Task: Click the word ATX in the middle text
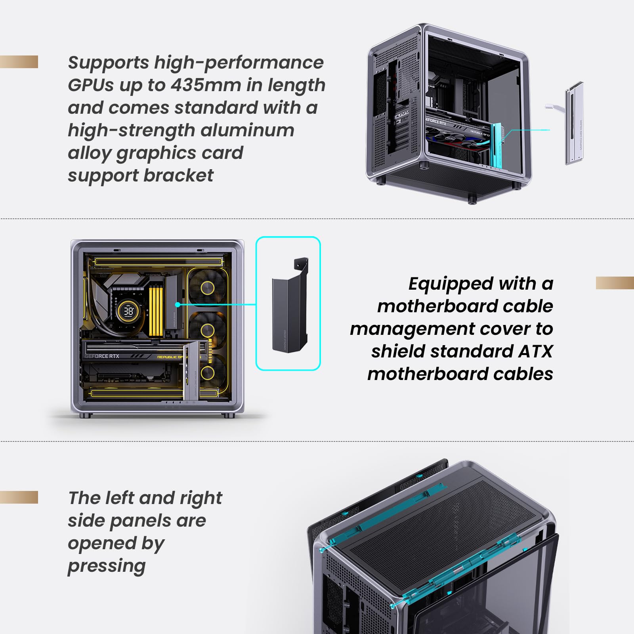[535, 351]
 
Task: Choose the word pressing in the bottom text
[107, 566]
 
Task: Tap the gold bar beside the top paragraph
[19, 62]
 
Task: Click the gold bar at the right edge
[615, 283]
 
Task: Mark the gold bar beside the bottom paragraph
[19, 497]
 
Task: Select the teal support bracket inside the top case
[497, 145]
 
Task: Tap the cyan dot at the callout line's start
[178, 304]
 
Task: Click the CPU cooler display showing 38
[128, 311]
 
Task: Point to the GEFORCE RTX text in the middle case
[102, 356]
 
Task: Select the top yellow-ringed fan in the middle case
[207, 288]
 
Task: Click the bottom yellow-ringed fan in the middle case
[207, 372]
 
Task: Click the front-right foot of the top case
[472, 199]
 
